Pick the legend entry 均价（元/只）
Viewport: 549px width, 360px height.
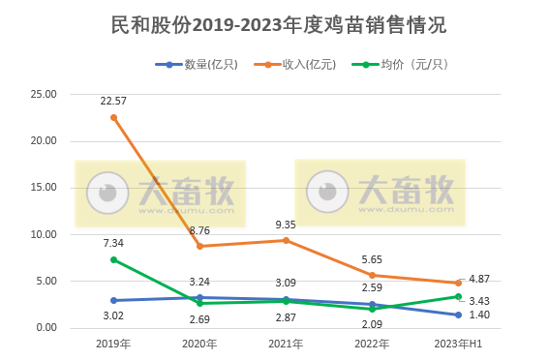(398, 65)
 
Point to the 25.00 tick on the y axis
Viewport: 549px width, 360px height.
(45, 94)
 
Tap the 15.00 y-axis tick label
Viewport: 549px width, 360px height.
(45, 188)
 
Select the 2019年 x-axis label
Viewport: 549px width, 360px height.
(113, 344)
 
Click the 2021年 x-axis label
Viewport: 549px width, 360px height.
(286, 344)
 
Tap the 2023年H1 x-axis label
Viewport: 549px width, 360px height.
(458, 344)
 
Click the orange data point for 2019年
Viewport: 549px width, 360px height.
(113, 117)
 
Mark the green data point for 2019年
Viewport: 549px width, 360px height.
(113, 259)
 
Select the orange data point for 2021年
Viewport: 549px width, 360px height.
(286, 240)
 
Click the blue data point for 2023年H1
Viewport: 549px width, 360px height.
(458, 315)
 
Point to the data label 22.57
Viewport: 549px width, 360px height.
(113, 101)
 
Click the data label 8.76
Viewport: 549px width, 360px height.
(200, 230)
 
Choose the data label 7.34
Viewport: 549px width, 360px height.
(113, 243)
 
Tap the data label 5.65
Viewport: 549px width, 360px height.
(373, 259)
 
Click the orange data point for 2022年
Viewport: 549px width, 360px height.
(372, 275)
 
